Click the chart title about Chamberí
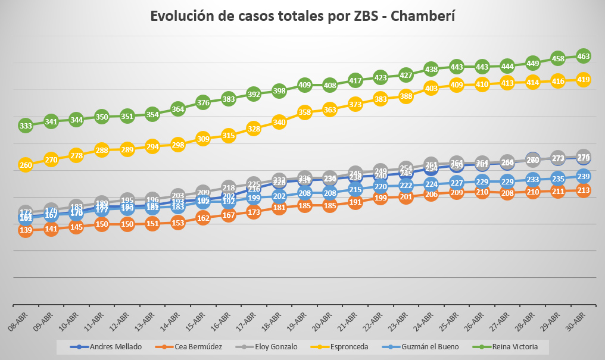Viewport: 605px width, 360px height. coord(302,16)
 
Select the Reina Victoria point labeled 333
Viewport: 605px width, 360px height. coord(26,126)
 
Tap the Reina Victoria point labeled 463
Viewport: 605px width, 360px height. coord(584,56)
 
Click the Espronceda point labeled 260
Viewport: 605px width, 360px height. coord(26,165)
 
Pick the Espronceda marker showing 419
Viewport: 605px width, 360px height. coord(584,79)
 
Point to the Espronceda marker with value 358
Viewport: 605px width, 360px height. coord(305,112)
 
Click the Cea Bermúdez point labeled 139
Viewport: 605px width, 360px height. coord(26,230)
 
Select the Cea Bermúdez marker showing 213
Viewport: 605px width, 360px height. coord(584,190)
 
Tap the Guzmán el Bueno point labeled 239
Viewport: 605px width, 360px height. coord(584,176)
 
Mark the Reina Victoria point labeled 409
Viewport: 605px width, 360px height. coord(305,84)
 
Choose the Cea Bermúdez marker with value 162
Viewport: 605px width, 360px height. coord(203,218)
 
